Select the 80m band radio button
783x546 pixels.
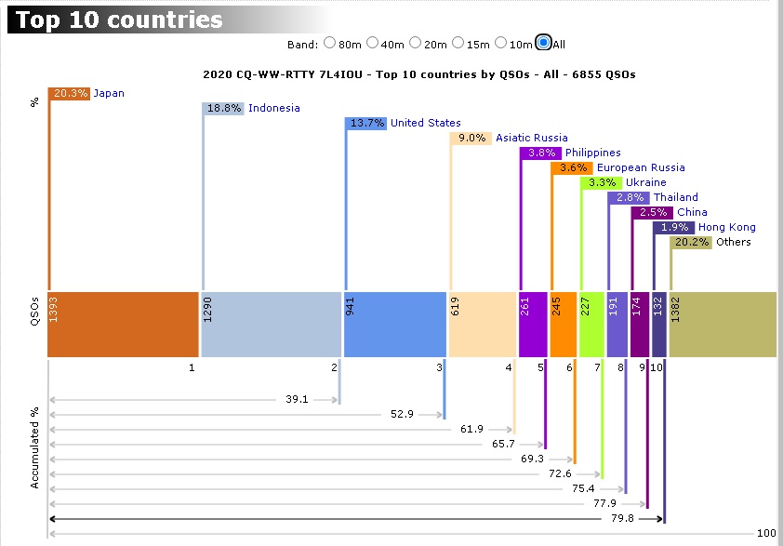tap(329, 43)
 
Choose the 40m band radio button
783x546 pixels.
tap(373, 43)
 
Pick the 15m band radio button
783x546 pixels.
tap(458, 43)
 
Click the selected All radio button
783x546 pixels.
tap(544, 43)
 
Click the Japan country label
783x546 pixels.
tap(109, 93)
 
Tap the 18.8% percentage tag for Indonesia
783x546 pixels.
tap(223, 108)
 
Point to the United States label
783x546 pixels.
tap(425, 123)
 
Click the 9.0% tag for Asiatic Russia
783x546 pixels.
tap(471, 138)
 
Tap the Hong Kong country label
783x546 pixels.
tap(726, 227)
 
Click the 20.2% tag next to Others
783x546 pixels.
tap(690, 242)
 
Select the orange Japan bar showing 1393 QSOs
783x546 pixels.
tap(122, 324)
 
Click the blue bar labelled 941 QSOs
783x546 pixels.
tap(394, 324)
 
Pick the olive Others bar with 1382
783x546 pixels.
tap(723, 324)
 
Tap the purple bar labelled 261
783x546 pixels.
tap(533, 324)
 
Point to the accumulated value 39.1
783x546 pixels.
tap(298, 399)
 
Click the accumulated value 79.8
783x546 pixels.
tap(622, 518)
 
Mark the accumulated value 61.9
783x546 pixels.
tap(471, 429)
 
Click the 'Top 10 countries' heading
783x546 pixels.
tap(119, 20)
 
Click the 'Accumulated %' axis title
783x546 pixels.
tap(34, 446)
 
